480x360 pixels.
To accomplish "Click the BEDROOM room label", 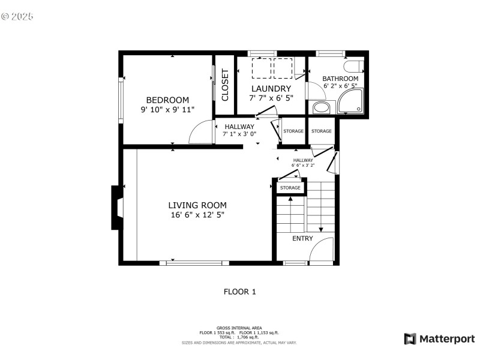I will tap(167, 100).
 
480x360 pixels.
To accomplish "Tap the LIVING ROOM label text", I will tap(197, 205).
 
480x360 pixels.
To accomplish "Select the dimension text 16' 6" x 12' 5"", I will tap(197, 215).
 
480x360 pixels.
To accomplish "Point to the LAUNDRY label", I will tap(271, 89).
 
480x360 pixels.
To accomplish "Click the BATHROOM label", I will tap(340, 79).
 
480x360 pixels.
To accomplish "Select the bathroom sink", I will tap(322, 108).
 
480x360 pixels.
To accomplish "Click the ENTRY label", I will tap(302, 239).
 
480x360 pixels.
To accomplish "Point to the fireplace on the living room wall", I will tap(116, 208).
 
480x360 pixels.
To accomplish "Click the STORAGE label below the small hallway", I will tap(290, 188).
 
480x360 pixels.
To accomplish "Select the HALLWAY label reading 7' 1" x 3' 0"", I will tap(239, 130).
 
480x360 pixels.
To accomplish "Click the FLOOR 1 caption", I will tap(239, 292).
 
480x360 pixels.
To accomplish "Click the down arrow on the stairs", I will tap(321, 229).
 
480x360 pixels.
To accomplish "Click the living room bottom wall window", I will tap(194, 263).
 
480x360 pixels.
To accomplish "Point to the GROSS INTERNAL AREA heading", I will tap(239, 328).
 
